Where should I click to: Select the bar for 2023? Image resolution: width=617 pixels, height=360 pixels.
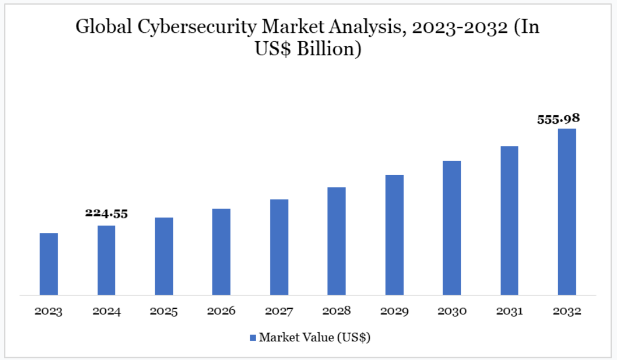pyautogui.click(x=49, y=264)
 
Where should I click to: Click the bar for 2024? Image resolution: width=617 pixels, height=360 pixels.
pyautogui.click(x=106, y=260)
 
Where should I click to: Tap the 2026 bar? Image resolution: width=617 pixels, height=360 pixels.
pyautogui.click(x=222, y=251)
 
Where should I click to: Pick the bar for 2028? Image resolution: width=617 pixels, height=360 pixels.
pyautogui.click(x=336, y=241)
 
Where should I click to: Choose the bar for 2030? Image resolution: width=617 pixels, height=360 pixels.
pyautogui.click(x=452, y=228)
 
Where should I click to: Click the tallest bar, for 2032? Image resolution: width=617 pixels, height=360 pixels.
pyautogui.click(x=567, y=212)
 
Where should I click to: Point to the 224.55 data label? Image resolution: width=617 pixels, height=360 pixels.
pyautogui.click(x=106, y=214)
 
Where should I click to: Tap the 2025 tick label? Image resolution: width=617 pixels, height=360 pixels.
pyautogui.click(x=164, y=311)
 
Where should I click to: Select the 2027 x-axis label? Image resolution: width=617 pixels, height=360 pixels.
pyautogui.click(x=279, y=311)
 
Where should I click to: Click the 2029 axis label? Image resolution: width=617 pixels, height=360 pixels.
pyautogui.click(x=394, y=311)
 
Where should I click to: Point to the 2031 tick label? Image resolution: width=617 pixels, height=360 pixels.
pyautogui.click(x=510, y=311)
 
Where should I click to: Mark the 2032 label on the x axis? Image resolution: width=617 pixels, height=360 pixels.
pyautogui.click(x=567, y=311)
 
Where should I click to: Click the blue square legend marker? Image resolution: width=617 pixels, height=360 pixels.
pyautogui.click(x=253, y=338)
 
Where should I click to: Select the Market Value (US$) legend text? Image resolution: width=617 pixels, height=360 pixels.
pyautogui.click(x=314, y=338)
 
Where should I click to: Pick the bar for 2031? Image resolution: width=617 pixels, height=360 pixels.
pyautogui.click(x=510, y=220)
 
